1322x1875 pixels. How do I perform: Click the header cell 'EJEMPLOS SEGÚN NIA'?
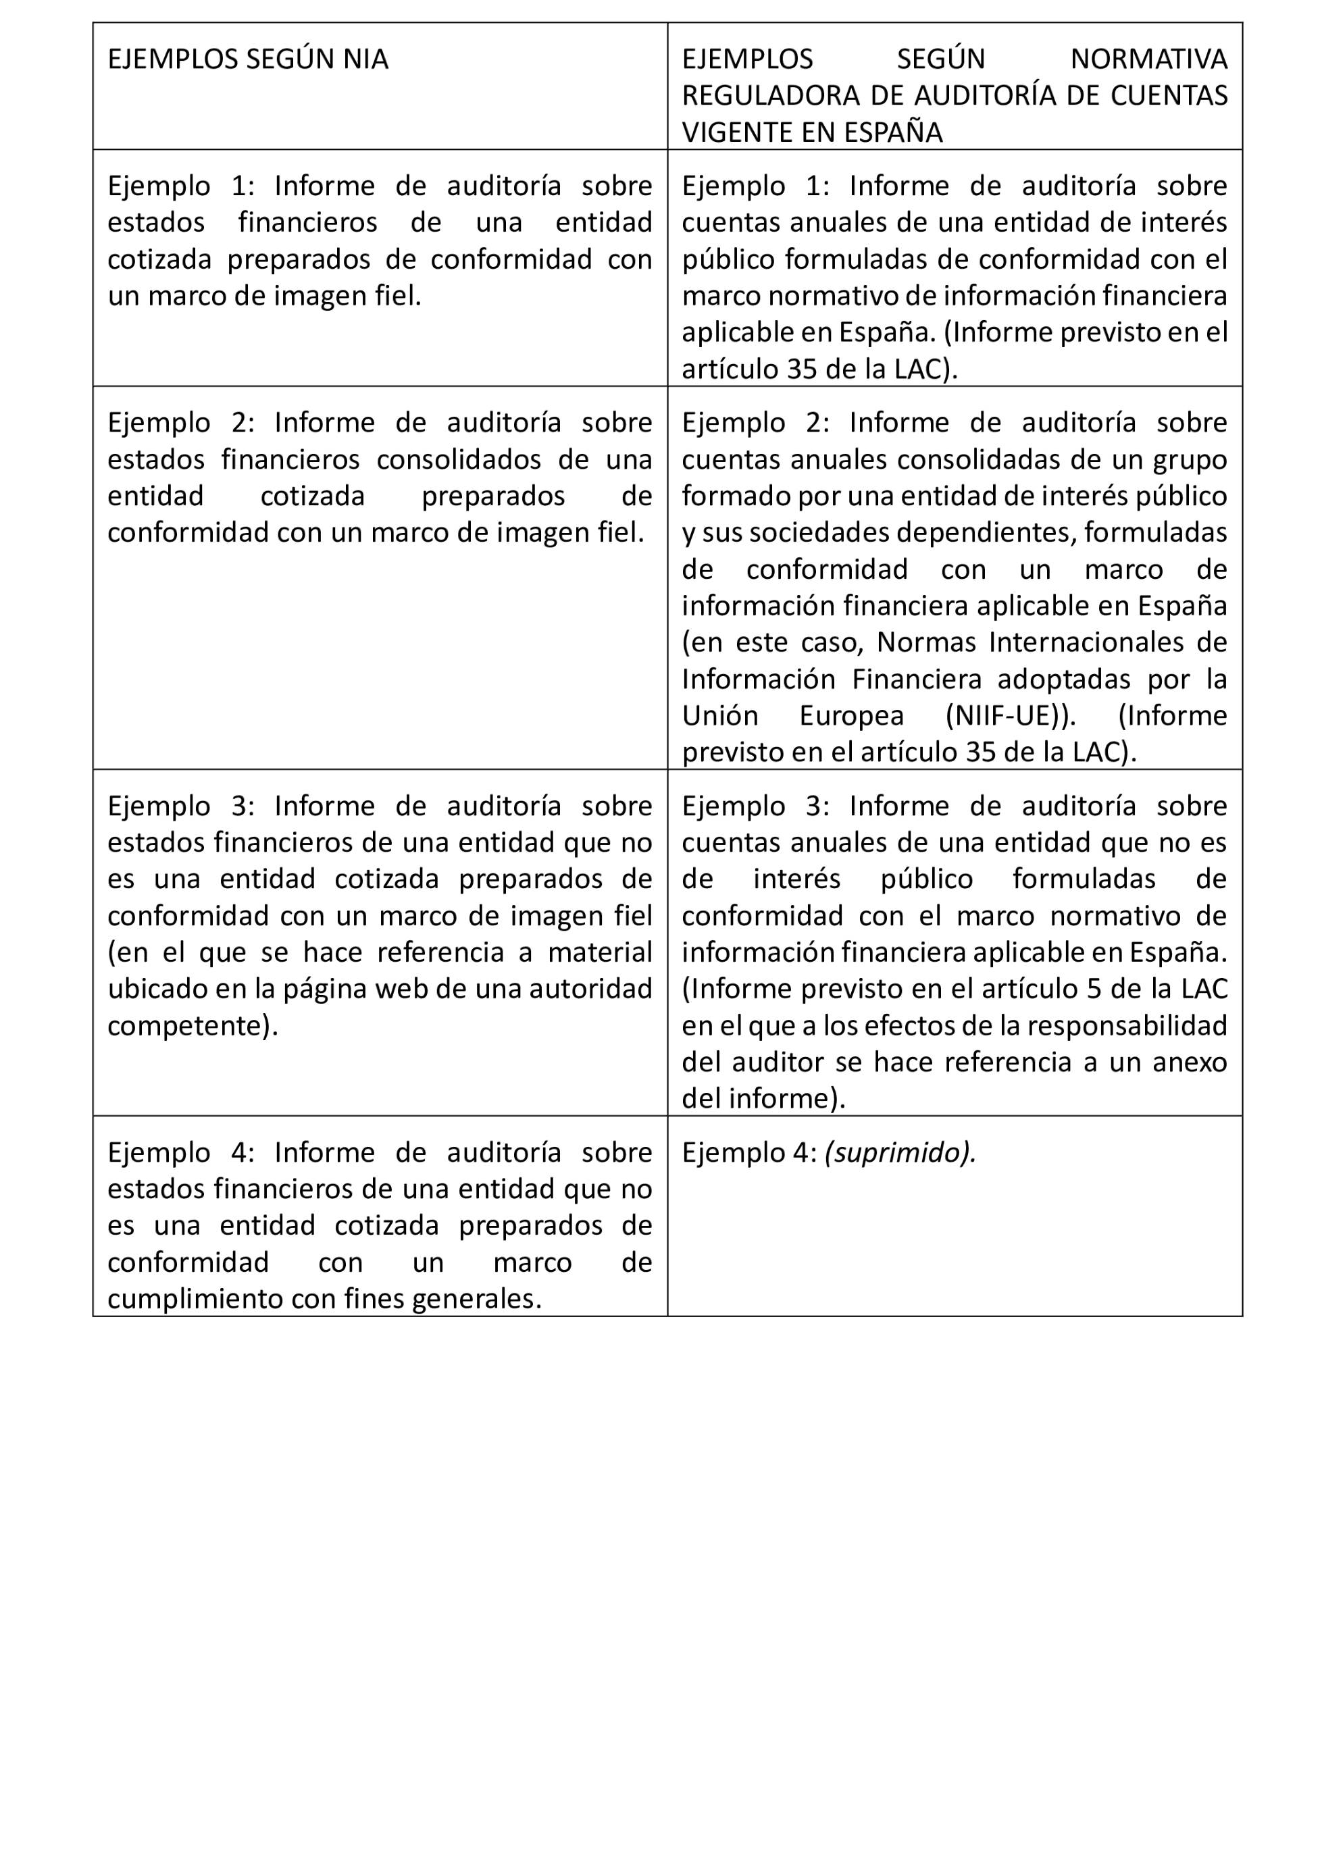247,59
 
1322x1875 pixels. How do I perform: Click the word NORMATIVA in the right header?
1148,59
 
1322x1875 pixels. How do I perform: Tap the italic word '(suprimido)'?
900,1152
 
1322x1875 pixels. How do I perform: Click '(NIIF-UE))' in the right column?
1011,715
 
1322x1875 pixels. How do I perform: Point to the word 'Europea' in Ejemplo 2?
851,715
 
